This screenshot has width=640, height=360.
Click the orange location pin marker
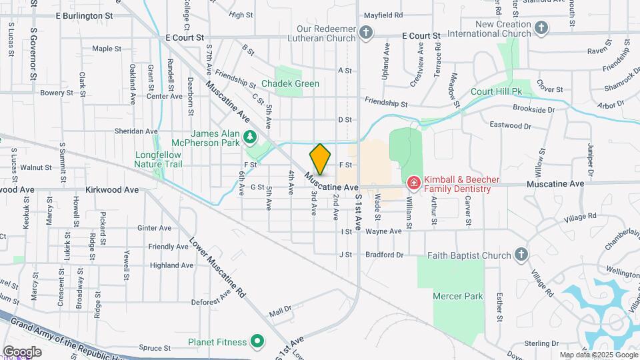(x=320, y=159)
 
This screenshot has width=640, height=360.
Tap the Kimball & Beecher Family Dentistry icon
(x=413, y=182)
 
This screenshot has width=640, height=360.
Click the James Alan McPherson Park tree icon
(x=251, y=137)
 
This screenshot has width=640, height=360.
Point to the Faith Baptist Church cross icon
(x=521, y=255)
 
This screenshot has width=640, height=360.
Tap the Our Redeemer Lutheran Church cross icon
(x=365, y=32)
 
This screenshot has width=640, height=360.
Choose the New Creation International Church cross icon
(x=541, y=27)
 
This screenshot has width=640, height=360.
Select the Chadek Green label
(x=290, y=84)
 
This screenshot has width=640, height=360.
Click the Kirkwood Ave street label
(x=116, y=190)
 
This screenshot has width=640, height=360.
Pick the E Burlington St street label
(x=84, y=15)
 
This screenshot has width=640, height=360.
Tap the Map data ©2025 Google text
(x=597, y=355)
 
